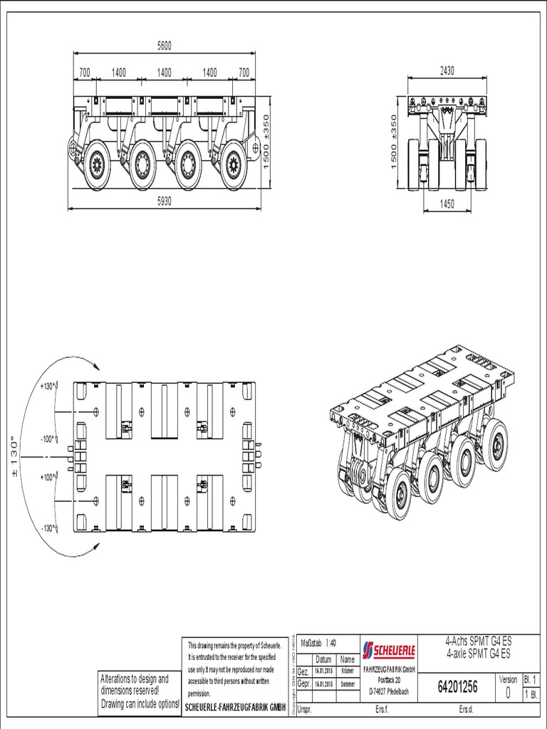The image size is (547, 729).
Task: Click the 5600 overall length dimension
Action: point(165,46)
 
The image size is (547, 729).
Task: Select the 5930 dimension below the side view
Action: point(165,201)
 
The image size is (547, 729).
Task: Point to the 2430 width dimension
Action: point(447,70)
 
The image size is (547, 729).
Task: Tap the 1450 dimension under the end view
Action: point(446,204)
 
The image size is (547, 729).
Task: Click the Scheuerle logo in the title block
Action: point(389,650)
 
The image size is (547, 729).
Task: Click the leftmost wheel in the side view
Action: point(96,165)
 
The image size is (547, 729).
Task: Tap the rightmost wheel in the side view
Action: point(232,167)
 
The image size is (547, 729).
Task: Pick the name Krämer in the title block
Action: point(348,671)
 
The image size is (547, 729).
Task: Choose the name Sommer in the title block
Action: point(348,683)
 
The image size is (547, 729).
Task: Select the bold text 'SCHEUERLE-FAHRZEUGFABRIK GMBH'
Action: point(236,706)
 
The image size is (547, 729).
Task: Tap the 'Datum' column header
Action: point(323,659)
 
